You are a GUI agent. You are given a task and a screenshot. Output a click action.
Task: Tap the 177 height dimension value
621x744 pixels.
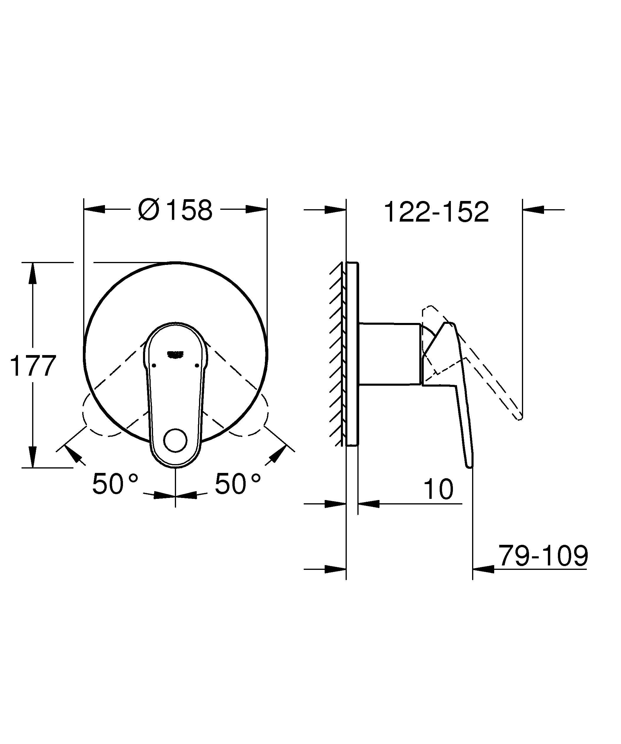click(x=33, y=366)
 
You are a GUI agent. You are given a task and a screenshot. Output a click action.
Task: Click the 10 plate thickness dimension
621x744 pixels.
click(x=438, y=489)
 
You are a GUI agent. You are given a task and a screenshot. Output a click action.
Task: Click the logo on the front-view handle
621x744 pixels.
click(x=175, y=354)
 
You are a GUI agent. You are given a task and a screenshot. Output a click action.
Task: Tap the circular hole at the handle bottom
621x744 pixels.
click(x=175, y=441)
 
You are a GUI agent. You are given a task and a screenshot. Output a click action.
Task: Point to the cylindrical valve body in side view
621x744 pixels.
click(x=390, y=354)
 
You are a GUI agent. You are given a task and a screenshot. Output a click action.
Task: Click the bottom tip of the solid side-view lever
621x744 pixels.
click(x=470, y=466)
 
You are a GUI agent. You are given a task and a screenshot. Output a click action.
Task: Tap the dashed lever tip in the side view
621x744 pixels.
click(x=520, y=418)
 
